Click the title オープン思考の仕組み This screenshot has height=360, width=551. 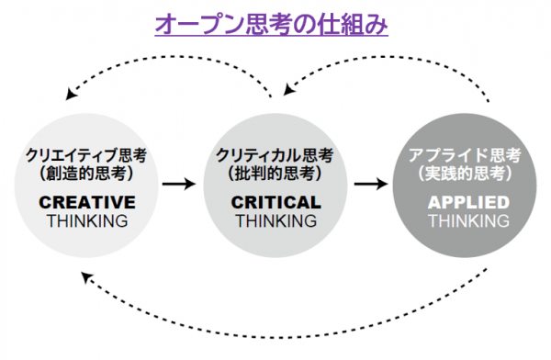tap(271, 24)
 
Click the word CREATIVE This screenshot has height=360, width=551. tap(87, 202)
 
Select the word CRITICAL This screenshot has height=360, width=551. tap(276, 202)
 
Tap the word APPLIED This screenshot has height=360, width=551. tap(468, 202)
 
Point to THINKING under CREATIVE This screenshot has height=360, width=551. tap(87, 221)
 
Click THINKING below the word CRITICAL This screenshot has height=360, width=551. tap(276, 221)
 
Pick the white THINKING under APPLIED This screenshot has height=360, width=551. tap(469, 221)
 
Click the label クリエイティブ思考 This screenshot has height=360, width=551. tap(86, 155)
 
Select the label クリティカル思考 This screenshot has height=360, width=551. tap(275, 155)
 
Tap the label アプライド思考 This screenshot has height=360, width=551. tap(465, 155)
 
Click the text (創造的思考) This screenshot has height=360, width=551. tap(86, 173)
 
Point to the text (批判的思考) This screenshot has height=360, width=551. tap(275, 173)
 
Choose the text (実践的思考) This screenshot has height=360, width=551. tap(465, 173)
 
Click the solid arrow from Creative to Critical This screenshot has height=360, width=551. tap(179, 184)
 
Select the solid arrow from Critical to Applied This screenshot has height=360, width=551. tap(371, 184)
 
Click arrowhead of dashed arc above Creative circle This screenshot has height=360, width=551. tap(71, 94)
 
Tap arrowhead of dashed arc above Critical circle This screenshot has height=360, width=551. tap(288, 90)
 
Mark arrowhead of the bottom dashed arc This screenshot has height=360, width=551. tap(85, 276)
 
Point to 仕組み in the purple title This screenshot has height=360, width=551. tap(353, 25)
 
